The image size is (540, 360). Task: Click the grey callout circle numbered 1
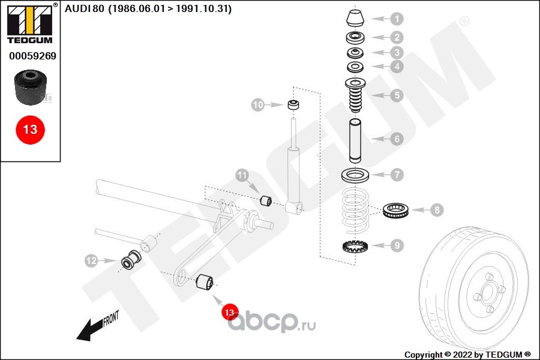tap(397, 19)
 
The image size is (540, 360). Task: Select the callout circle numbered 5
tap(397, 95)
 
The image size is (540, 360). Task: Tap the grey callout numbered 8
tap(437, 210)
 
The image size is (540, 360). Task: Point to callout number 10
tap(257, 106)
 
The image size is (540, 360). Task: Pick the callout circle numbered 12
tap(91, 261)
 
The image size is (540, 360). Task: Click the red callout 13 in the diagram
tap(229, 312)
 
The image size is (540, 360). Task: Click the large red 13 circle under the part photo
tap(30, 129)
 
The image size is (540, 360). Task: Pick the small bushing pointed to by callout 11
tap(266, 199)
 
